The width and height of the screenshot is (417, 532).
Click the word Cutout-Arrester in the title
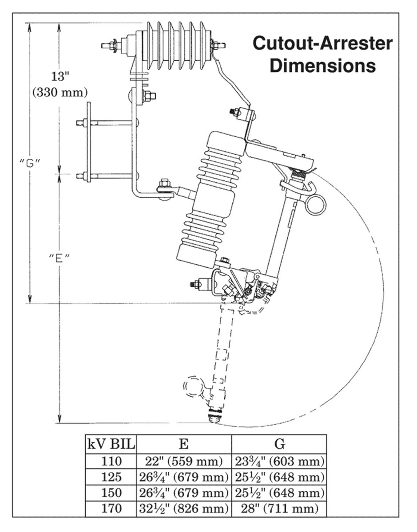(x=322, y=44)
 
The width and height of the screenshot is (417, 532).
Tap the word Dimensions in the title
(x=323, y=66)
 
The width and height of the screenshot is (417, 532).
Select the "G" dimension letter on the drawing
(x=31, y=162)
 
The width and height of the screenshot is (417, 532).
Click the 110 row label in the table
(x=111, y=461)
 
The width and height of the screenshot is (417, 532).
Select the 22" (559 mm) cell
(x=183, y=461)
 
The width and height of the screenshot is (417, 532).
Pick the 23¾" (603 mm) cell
(x=279, y=461)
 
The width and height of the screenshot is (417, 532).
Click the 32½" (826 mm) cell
(x=183, y=509)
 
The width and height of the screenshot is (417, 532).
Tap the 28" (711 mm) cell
(x=279, y=509)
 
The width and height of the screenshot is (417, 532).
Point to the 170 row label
(x=111, y=509)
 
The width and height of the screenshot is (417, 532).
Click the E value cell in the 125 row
(x=183, y=477)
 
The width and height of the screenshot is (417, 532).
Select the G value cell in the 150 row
(x=279, y=493)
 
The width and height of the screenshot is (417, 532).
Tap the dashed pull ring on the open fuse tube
(x=193, y=386)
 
